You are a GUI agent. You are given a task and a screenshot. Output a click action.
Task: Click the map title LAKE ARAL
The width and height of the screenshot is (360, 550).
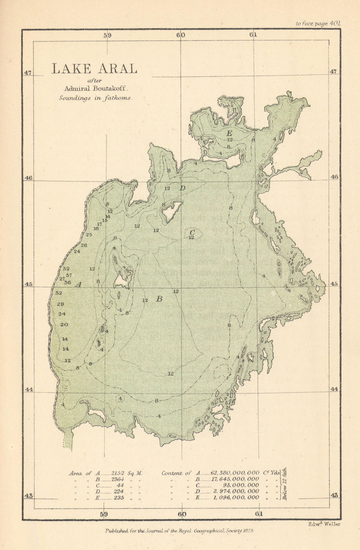pyautogui.click(x=94, y=68)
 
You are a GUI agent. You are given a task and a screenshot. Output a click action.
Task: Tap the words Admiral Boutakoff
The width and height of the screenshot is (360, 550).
pyautogui.click(x=94, y=88)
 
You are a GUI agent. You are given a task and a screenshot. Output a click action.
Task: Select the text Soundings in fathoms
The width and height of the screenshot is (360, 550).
pyautogui.click(x=96, y=98)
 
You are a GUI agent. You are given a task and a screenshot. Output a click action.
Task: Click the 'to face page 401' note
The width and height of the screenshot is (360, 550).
pyautogui.click(x=318, y=23)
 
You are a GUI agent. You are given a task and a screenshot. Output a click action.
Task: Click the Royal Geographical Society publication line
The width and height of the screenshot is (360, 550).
pyautogui.click(x=180, y=531)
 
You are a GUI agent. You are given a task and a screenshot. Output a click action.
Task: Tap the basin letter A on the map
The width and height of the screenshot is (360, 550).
pyautogui.click(x=78, y=285)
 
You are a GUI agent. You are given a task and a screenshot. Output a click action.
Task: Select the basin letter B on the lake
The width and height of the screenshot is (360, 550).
pyautogui.click(x=159, y=299)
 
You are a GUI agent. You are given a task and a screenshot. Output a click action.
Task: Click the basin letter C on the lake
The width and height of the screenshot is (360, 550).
pyautogui.click(x=192, y=232)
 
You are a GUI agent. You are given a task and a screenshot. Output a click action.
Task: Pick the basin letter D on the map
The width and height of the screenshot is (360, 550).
pyautogui.click(x=182, y=188)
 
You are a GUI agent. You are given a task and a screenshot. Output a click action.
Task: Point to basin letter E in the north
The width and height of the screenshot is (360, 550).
pyautogui.click(x=229, y=133)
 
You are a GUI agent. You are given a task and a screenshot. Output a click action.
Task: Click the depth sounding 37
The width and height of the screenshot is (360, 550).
pyautogui.click(x=68, y=275)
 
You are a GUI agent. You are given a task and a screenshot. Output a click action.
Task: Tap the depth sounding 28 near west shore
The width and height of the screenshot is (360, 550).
pyautogui.click(x=84, y=245)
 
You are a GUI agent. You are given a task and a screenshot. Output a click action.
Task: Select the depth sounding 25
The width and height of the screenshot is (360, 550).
pyautogui.click(x=89, y=234)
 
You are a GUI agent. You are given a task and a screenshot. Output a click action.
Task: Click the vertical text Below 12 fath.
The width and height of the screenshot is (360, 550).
pyautogui.click(x=284, y=485)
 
